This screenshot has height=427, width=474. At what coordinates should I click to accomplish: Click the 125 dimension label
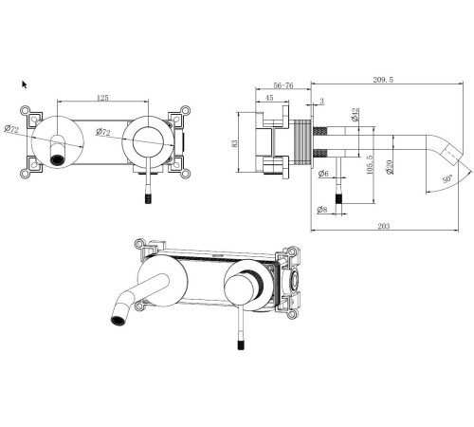pos(102,98)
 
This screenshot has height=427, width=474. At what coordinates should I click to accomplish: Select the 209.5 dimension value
pos(383,80)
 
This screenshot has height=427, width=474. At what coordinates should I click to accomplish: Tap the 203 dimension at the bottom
pos(384,226)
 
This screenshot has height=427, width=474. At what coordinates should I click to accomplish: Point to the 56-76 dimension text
pos(283,85)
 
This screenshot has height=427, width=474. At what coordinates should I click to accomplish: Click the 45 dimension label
pos(269,98)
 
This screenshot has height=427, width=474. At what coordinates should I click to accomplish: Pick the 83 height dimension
pos(234,143)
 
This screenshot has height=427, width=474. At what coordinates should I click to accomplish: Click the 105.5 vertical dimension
pos(369,164)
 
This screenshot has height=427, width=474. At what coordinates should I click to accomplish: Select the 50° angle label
pos(447,179)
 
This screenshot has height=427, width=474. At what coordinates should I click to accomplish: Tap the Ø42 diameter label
pos(355,115)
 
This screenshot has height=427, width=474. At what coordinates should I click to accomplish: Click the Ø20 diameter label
pos(390,167)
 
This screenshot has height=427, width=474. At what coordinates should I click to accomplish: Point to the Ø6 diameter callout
pos(323,173)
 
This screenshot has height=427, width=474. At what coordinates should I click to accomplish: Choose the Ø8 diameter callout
pos(322,210)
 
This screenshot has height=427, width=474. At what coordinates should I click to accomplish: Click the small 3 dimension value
pos(321,102)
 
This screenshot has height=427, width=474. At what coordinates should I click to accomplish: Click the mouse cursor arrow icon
pos(25,84)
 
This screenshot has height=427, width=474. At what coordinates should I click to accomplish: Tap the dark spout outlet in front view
pos(57,159)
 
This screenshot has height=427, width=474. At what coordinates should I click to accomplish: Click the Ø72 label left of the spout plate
pos(11,129)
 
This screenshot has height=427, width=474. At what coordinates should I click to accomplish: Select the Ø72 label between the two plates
pos(103,131)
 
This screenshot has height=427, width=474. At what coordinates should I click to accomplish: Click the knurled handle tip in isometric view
pos(241,344)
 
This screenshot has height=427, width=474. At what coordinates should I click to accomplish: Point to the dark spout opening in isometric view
pos(118,321)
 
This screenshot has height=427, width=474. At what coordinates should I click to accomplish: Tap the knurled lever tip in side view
pos(338,200)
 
